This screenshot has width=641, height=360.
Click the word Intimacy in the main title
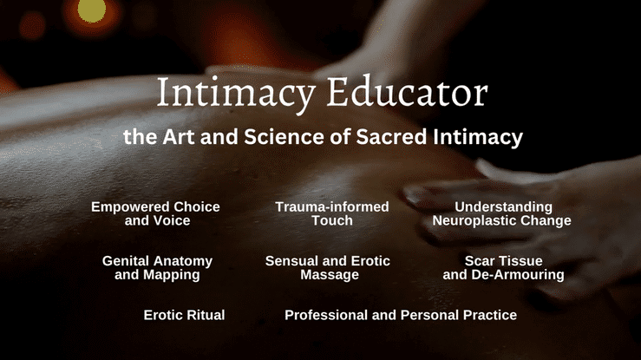tap(236, 94)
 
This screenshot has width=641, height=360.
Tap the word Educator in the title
tap(407, 91)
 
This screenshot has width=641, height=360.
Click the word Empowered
tap(130, 207)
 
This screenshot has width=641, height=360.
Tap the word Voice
tap(173, 220)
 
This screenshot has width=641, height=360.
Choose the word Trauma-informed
tap(332, 206)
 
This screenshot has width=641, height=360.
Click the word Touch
tap(332, 220)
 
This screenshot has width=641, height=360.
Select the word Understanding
tap(503, 207)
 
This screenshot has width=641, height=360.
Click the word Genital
tap(127, 261)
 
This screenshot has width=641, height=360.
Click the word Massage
tap(330, 275)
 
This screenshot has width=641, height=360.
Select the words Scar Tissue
tap(504, 261)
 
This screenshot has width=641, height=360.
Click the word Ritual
tap(206, 315)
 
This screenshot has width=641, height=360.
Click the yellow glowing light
tap(92, 11)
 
